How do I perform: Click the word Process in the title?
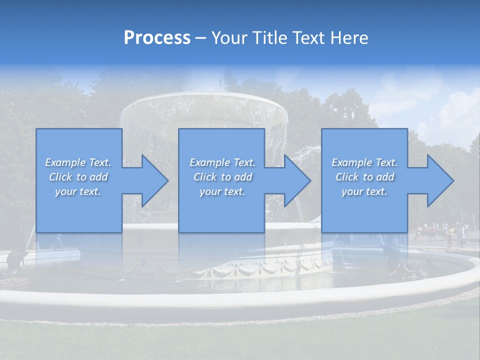click(x=157, y=38)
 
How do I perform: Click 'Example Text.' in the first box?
click(x=78, y=162)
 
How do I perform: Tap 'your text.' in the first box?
click(x=78, y=191)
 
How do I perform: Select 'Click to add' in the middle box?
click(x=222, y=177)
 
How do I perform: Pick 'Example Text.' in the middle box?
click(x=222, y=162)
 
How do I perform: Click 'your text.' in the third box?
click(x=364, y=191)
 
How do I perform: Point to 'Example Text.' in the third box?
click(x=364, y=162)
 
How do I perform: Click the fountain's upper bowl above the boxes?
click(x=205, y=107)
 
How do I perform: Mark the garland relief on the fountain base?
click(x=240, y=270)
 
